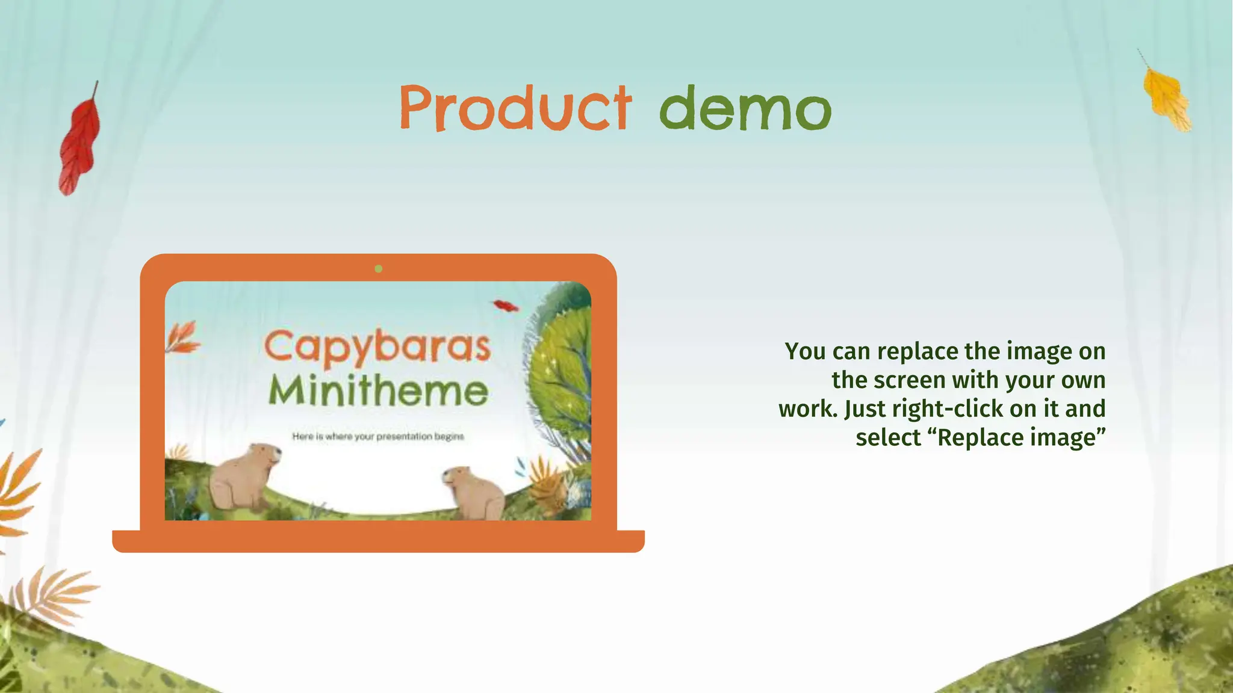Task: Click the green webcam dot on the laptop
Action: coord(378,269)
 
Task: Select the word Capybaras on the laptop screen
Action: coord(377,348)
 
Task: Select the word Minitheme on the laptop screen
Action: coord(377,392)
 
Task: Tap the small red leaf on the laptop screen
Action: coord(506,306)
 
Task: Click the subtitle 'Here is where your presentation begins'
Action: coord(377,436)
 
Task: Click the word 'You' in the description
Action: coord(805,351)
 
